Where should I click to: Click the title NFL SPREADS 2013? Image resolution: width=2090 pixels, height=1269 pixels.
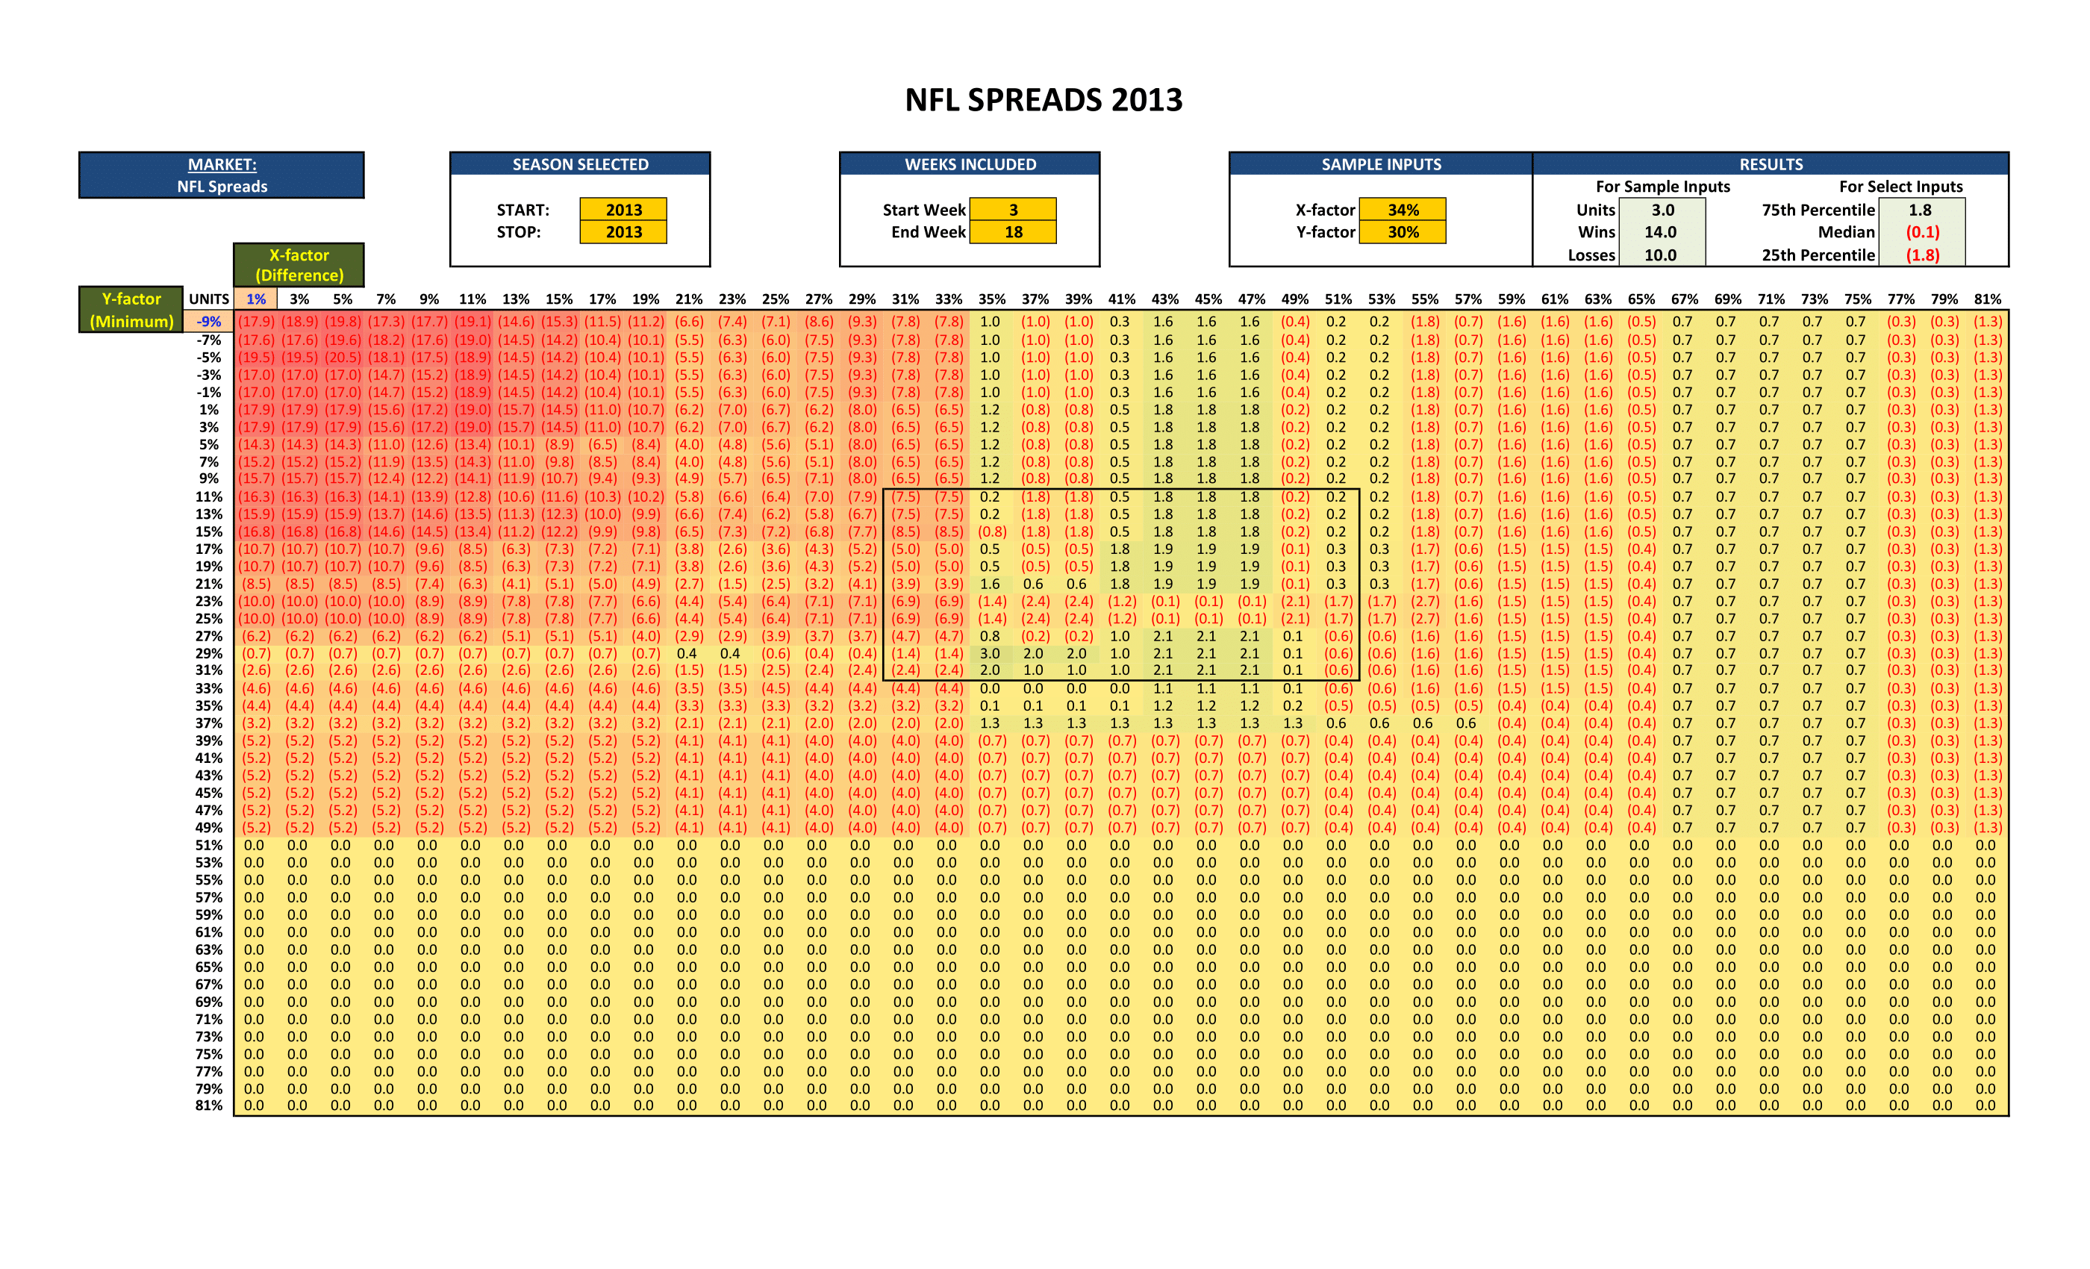pos(1044,100)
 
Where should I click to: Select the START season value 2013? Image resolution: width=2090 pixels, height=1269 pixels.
pos(623,210)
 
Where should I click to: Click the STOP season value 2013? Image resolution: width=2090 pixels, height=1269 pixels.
pos(623,231)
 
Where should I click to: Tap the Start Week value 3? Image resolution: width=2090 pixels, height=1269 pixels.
pos(1013,210)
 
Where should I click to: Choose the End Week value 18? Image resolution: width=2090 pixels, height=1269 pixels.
pos(1013,231)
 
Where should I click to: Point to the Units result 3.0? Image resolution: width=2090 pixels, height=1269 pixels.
pos(1662,210)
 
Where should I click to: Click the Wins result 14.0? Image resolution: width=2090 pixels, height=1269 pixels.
pos(1660,231)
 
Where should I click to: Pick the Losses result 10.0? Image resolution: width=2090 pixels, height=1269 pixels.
pos(1660,255)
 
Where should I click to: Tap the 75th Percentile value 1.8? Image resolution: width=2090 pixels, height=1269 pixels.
pos(1921,210)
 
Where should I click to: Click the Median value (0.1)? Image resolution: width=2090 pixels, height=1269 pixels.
pos(1922,231)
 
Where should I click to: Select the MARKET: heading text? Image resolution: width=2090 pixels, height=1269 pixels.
pos(222,164)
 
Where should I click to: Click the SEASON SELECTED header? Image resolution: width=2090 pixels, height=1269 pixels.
pos(580,164)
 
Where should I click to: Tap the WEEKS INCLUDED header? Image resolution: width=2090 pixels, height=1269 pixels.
pos(970,164)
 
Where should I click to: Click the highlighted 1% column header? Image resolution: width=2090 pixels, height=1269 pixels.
pos(255,299)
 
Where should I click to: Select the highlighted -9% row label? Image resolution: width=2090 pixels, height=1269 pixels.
pos(209,322)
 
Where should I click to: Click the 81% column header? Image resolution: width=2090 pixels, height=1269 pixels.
pos(1987,299)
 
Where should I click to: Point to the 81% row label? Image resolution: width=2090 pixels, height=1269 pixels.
pos(209,1106)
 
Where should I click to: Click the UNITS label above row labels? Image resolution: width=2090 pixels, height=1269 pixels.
pos(209,299)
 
